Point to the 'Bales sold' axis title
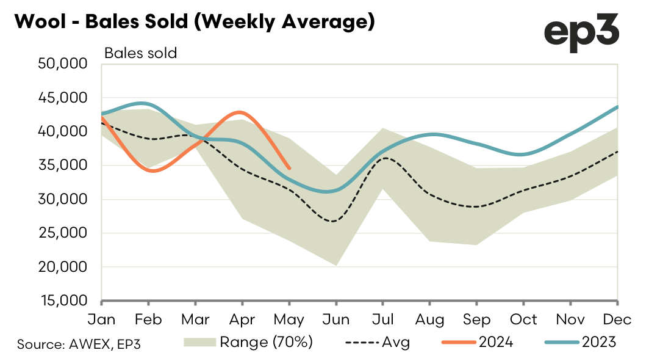coord(140,53)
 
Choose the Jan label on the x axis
coord(102,319)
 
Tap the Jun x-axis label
coord(335,319)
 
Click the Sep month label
coord(476,319)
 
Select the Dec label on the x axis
coord(617,319)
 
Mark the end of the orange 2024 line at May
coord(289,168)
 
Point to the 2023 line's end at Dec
coord(617,107)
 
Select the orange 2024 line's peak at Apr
coord(242,112)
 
